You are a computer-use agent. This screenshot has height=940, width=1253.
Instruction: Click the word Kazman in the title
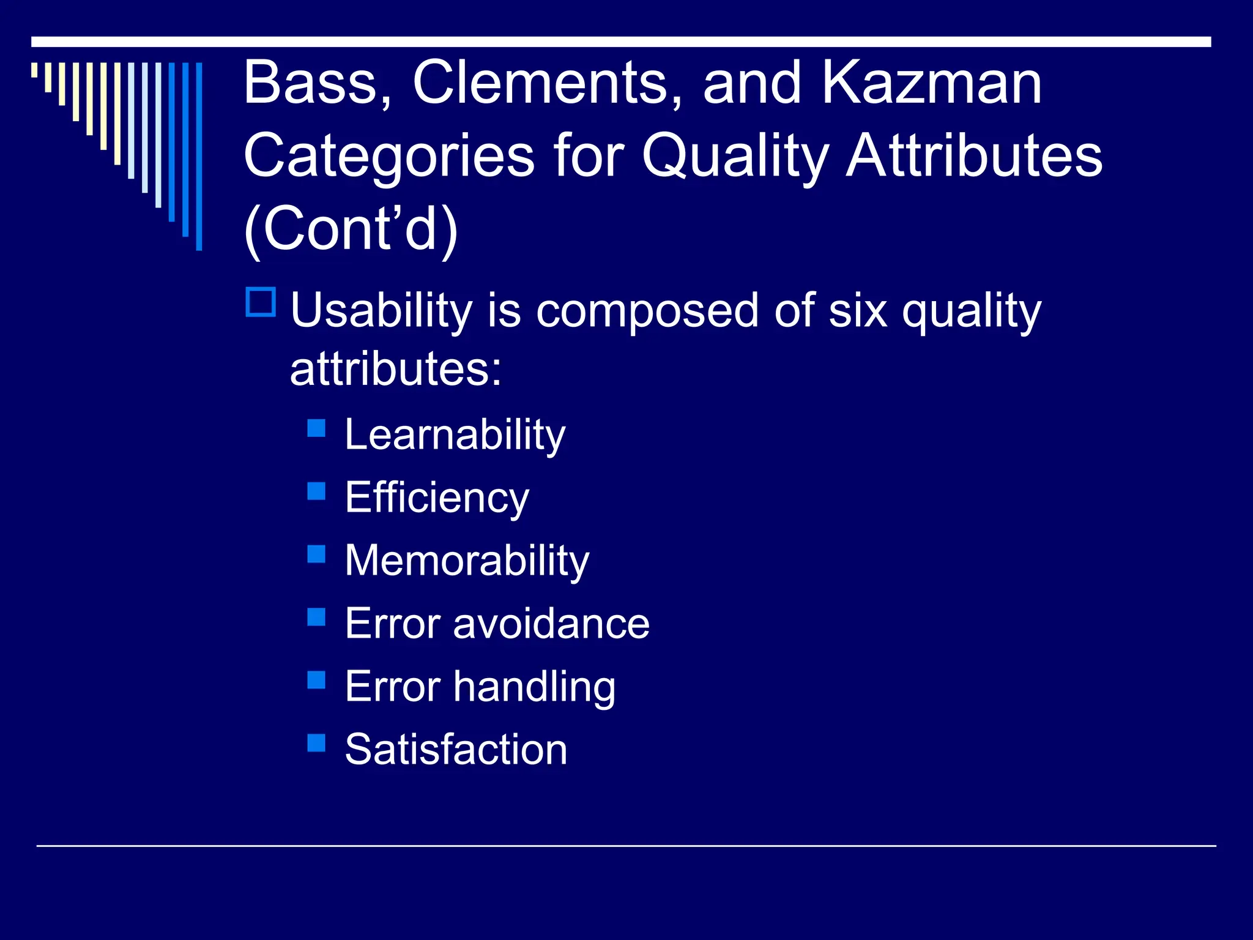point(931,83)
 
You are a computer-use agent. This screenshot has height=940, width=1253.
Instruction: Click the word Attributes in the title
point(974,156)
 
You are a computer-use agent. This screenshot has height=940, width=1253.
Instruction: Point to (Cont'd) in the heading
point(351,229)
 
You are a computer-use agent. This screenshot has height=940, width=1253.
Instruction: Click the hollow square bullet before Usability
point(261,302)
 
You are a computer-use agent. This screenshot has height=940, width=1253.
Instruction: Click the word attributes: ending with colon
point(396,369)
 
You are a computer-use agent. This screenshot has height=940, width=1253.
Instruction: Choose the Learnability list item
point(455,436)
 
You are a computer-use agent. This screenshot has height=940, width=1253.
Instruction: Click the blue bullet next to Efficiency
point(316,491)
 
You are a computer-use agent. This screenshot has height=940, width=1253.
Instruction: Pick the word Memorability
point(467,561)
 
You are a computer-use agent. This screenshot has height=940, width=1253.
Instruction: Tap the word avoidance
point(551,624)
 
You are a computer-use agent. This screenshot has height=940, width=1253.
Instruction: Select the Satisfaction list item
point(456,750)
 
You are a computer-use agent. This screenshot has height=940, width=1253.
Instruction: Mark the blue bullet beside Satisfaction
point(316,743)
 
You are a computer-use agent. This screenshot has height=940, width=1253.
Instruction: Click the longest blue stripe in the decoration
point(199,157)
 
